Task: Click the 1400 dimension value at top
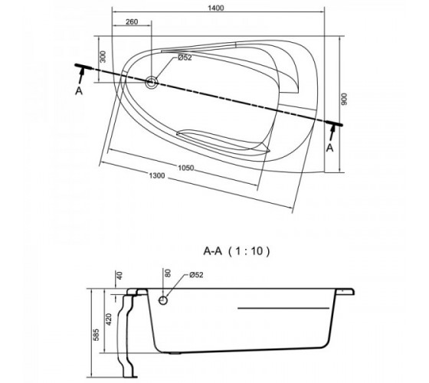coord(216,8)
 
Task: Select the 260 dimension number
coord(132,21)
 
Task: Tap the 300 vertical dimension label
coord(103,57)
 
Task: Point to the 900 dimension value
coord(344,100)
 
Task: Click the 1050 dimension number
coord(186,168)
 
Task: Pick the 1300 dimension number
coord(157,175)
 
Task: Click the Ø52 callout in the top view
coord(185,57)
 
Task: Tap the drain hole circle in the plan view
coord(152,82)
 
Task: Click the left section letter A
coord(79,91)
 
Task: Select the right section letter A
coord(330,148)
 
